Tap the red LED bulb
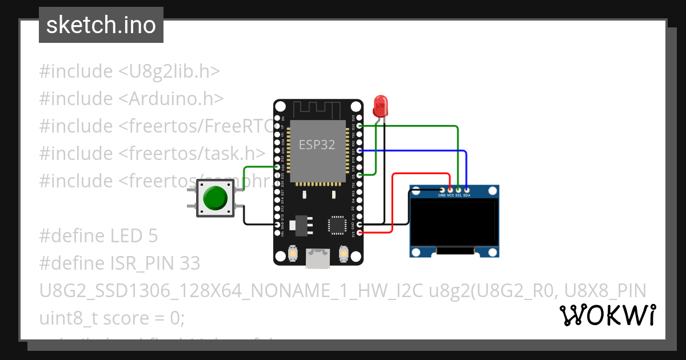(380, 106)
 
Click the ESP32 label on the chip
(317, 145)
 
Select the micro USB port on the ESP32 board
(318, 258)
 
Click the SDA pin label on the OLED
(466, 195)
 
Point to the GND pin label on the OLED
(442, 195)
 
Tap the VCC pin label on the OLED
(450, 195)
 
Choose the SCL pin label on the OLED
(458, 195)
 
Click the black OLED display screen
(454, 221)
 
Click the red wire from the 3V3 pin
(392, 206)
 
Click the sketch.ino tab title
(101, 25)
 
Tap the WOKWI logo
(607, 315)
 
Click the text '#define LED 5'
(98, 235)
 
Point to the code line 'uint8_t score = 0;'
(112, 318)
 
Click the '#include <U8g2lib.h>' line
(130, 71)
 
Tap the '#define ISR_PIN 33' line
(120, 263)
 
